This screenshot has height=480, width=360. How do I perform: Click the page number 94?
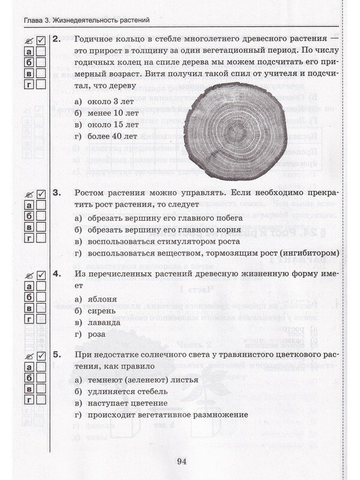tap(182, 461)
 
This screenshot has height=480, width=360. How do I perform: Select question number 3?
tap(57, 193)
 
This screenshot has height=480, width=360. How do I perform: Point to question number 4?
tap(57, 274)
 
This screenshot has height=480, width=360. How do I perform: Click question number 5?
tap(57, 354)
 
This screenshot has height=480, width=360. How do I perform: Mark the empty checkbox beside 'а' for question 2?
tap(40, 52)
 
